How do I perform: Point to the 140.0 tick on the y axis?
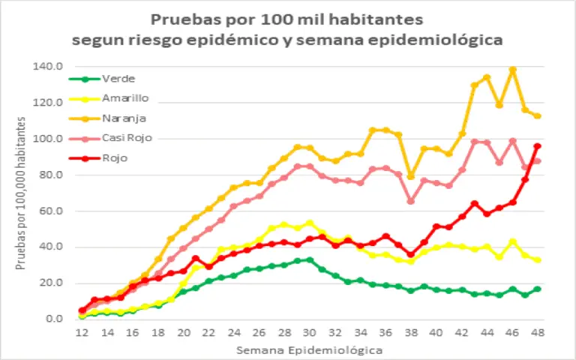point(47,67)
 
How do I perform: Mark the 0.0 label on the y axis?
point(52,319)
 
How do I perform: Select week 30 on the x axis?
point(309,333)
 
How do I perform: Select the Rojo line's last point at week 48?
point(538,146)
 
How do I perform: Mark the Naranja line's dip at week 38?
point(410,176)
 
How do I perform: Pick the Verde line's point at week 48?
point(538,289)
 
